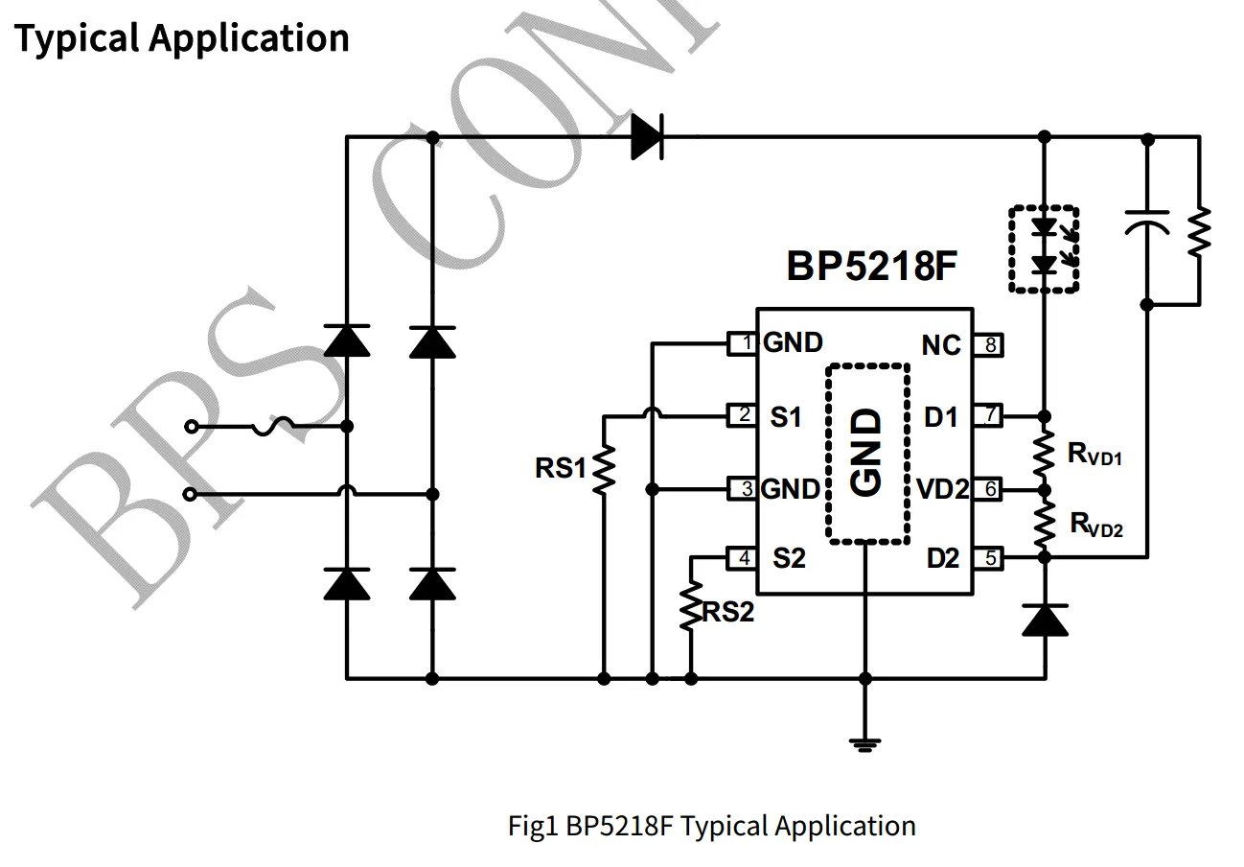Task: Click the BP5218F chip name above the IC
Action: point(871,266)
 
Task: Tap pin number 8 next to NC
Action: point(989,343)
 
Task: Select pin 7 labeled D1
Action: point(989,416)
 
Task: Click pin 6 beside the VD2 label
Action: point(989,489)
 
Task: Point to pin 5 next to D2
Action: point(989,557)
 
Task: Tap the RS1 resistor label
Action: point(560,469)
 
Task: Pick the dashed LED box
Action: point(1044,248)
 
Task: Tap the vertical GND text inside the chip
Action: point(866,453)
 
